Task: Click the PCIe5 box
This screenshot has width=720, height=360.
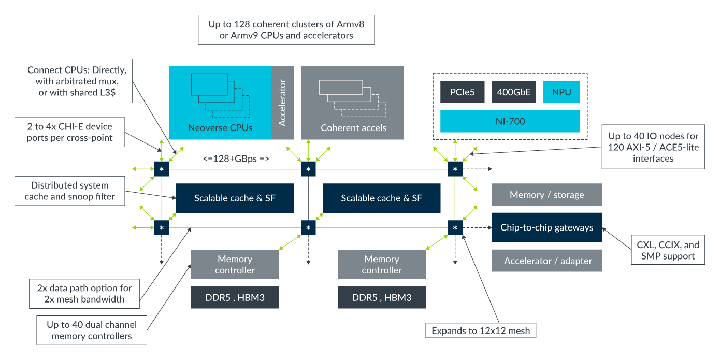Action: [462, 92]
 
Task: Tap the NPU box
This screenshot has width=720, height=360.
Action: [561, 92]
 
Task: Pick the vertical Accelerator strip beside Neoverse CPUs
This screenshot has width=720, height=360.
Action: [282, 103]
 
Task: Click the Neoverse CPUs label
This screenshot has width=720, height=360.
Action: [220, 128]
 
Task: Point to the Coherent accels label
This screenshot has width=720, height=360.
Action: [353, 128]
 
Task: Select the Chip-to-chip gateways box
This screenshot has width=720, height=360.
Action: [546, 227]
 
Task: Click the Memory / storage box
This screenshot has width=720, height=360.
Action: [546, 195]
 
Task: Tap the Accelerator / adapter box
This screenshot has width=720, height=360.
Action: [546, 261]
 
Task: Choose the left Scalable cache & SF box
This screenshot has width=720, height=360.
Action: [235, 198]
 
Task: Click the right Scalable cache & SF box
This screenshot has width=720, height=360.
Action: [381, 198]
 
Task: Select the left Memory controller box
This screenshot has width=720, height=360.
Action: [235, 264]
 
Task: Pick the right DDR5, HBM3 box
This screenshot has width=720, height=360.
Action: [381, 297]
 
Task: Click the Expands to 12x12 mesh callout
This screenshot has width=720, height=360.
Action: [480, 330]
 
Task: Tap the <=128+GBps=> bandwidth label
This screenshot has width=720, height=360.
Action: [236, 158]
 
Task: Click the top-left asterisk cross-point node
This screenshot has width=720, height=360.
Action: [162, 169]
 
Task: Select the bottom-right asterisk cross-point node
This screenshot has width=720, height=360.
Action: [455, 227]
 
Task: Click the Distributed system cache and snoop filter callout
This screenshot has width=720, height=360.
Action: [69, 191]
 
